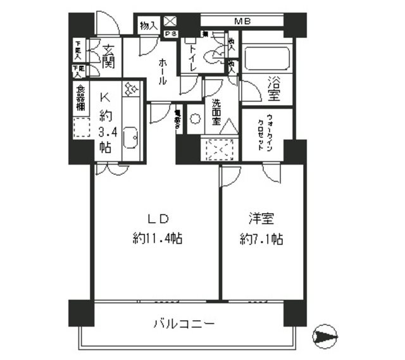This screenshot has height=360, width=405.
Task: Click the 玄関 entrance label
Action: [x=108, y=56]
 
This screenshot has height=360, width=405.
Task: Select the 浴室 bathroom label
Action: [x=274, y=88]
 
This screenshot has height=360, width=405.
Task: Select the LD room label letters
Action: [x=158, y=219]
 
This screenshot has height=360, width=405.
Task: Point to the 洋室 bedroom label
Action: [x=261, y=220]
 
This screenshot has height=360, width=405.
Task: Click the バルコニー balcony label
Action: [x=184, y=324]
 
